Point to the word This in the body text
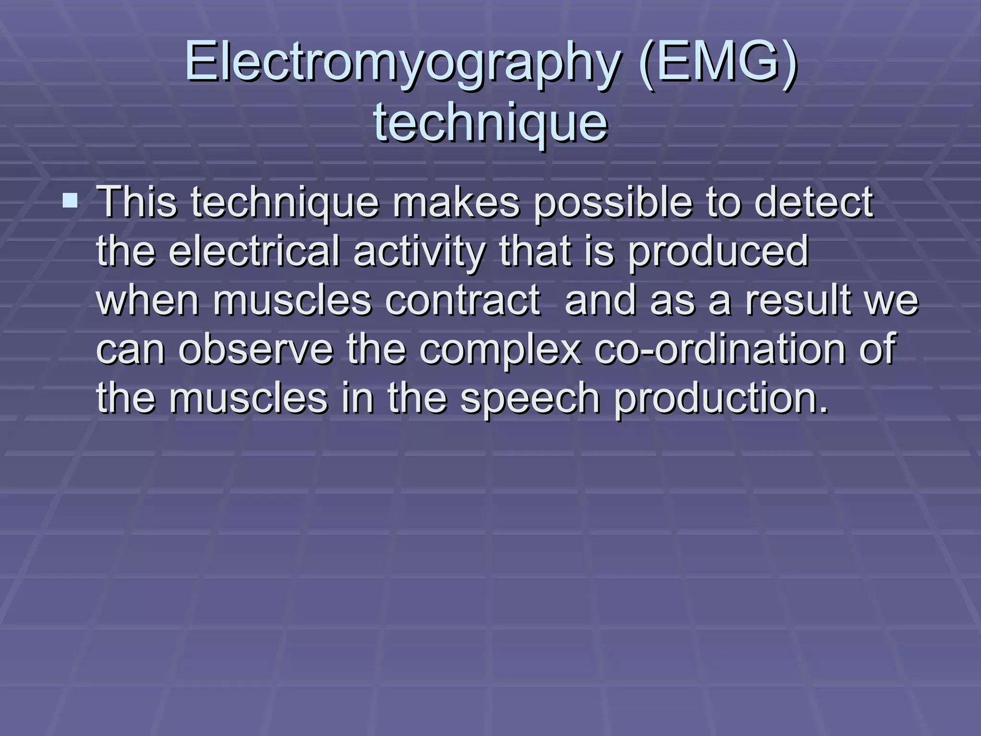point(137,202)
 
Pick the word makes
point(456,202)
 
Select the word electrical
point(254,251)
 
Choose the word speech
point(530,400)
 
